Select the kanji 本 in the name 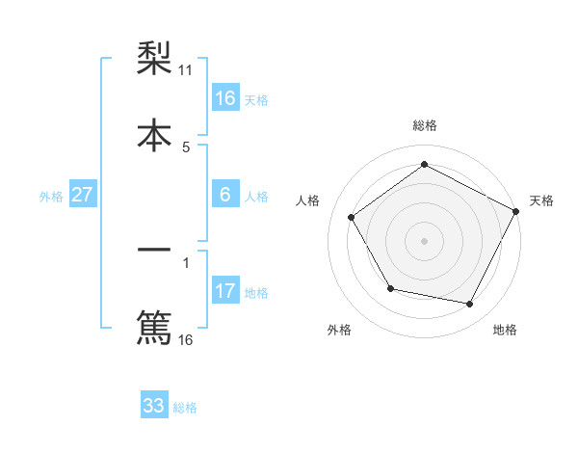[154, 134]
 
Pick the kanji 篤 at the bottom [154, 326]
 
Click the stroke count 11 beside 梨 [186, 70]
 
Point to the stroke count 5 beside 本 [186, 147]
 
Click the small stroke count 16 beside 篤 [186, 339]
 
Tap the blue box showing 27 [82, 195]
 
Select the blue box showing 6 [225, 195]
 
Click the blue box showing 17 [225, 291]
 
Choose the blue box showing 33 [154, 406]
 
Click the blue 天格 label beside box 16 [256, 100]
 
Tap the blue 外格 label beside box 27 [51, 197]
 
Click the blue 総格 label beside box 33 [185, 408]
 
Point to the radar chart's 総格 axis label [425, 125]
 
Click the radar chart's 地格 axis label [505, 330]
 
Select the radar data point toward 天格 [515, 211]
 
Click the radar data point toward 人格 [352, 218]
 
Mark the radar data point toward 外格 [390, 288]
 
